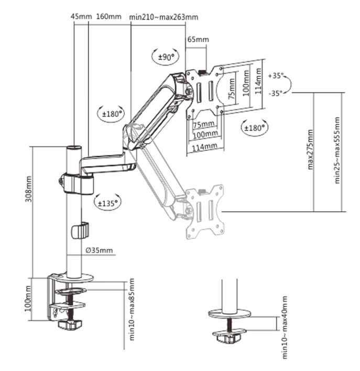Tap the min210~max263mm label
164,17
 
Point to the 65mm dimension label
198,40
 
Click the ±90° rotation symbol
166,57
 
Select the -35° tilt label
276,93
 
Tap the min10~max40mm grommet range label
285,327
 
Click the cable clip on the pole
80,230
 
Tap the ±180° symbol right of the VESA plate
255,127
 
